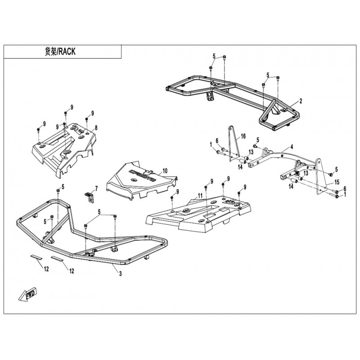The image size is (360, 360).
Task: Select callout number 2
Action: click(301, 100)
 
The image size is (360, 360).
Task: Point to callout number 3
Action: click(120, 274)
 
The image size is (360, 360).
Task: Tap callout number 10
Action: click(165, 171)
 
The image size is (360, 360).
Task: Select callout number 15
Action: click(336, 183)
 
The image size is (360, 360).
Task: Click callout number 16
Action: click(243, 135)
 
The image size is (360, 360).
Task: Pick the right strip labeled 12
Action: click(57, 260)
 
